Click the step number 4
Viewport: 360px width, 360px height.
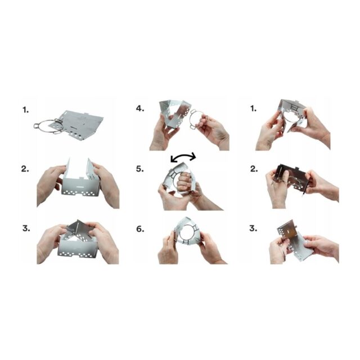[x=139, y=109]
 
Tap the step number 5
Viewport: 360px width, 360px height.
[x=139, y=168]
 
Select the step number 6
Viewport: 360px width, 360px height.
[x=139, y=229]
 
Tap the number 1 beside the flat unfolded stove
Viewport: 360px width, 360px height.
[x=25, y=109]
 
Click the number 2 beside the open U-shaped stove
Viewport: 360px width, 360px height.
[x=26, y=168]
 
